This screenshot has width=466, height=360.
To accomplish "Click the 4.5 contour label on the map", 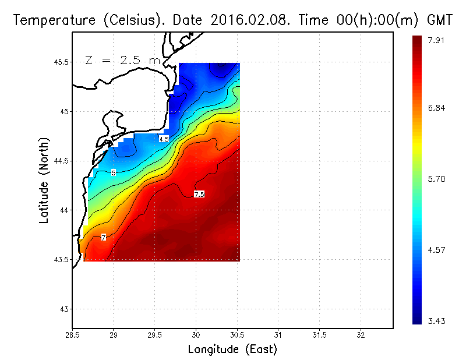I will pos(164,139).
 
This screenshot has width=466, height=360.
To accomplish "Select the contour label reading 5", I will pos(114,172).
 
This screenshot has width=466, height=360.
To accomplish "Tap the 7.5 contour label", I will pos(199,194).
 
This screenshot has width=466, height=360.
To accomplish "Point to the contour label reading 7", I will pos(103,238).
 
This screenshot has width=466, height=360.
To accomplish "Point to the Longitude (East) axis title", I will pos(232,350).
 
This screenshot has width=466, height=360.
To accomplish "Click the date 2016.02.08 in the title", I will pos(249,20).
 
